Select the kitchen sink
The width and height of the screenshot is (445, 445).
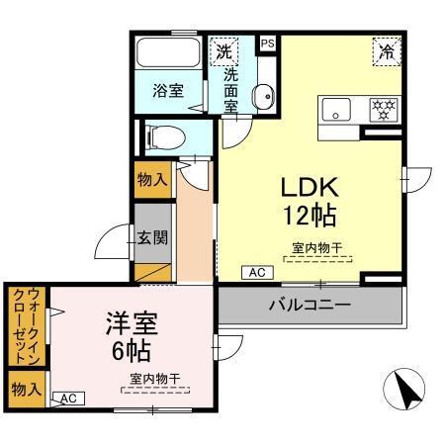tap(334, 109)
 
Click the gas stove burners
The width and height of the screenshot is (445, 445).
tap(383, 109)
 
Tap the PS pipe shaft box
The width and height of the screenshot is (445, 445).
tap(267, 44)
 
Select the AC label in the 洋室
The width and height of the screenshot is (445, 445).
tap(68, 398)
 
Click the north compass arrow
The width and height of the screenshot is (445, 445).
tap(405, 389)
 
